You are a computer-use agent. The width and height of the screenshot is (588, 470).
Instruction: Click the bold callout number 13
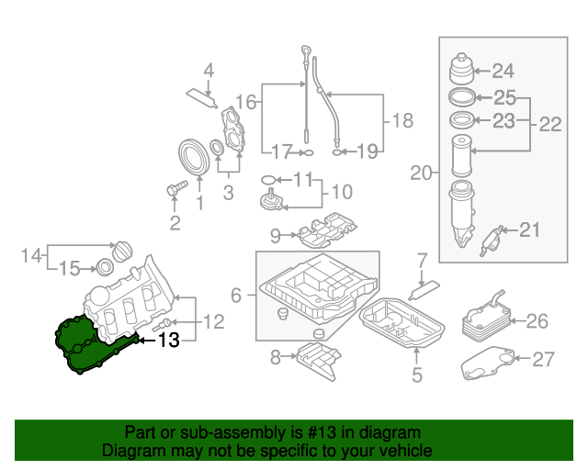click(x=169, y=341)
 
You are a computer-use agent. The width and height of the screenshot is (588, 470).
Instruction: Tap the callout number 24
click(x=504, y=71)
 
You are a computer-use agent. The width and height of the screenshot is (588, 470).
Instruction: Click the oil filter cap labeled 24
click(x=462, y=69)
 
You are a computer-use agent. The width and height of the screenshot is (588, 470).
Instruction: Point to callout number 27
click(x=545, y=359)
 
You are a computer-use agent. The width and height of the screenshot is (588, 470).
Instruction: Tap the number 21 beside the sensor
click(x=530, y=230)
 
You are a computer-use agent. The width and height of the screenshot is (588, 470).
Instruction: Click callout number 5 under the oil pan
click(x=416, y=375)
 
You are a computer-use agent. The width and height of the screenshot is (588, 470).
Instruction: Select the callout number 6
click(x=236, y=296)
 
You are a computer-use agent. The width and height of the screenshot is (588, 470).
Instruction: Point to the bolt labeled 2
click(x=172, y=189)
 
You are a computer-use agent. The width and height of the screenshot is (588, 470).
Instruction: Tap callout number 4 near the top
click(x=209, y=70)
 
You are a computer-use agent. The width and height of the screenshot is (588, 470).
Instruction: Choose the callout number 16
click(x=244, y=101)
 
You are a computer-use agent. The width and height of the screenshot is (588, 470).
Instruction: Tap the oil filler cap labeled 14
click(x=122, y=252)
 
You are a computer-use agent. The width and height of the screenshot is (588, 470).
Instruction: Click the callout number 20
click(x=421, y=172)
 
